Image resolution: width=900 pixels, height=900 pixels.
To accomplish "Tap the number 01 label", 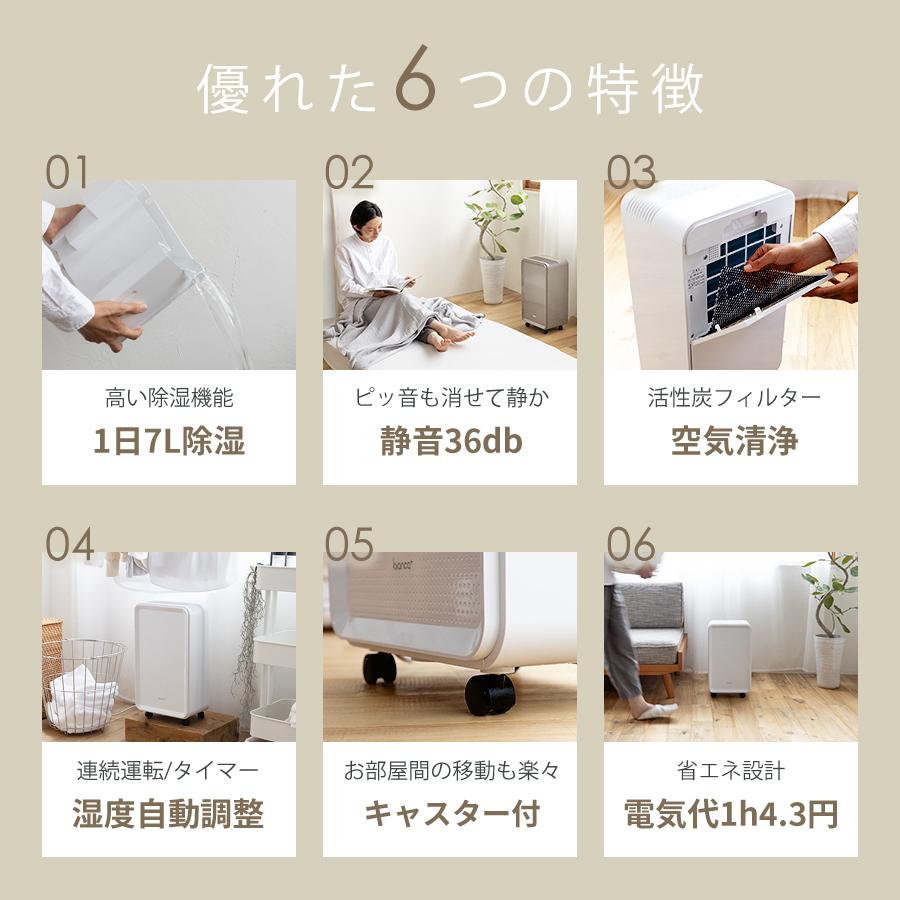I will tap(67, 173).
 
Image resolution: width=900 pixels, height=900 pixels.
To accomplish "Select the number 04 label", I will tap(70, 545).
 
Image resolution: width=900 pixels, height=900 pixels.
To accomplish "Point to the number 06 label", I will tap(631, 545).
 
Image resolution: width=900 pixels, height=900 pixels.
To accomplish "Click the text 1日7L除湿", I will tap(168, 442).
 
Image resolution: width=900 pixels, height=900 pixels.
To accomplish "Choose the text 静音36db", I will tap(450, 442).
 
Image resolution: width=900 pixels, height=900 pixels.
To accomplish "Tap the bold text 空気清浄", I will tap(730, 442).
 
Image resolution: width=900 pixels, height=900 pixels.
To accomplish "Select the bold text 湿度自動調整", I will tap(168, 814).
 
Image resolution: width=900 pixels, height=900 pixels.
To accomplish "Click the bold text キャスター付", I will tap(450, 814).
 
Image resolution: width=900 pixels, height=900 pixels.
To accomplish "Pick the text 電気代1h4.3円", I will tap(730, 814).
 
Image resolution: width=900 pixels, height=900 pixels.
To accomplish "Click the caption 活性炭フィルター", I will tap(730, 398).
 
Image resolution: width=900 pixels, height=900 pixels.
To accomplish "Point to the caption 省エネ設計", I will tap(730, 770).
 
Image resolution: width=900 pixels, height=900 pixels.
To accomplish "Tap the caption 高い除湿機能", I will tap(168, 398).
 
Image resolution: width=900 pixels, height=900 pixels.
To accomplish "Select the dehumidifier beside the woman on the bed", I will tap(544, 292).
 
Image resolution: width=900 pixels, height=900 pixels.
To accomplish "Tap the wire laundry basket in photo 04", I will tap(84, 684).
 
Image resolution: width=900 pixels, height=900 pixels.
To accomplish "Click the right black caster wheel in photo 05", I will tap(490, 693).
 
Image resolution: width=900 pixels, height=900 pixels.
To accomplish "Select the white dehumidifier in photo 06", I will tap(728, 656).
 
